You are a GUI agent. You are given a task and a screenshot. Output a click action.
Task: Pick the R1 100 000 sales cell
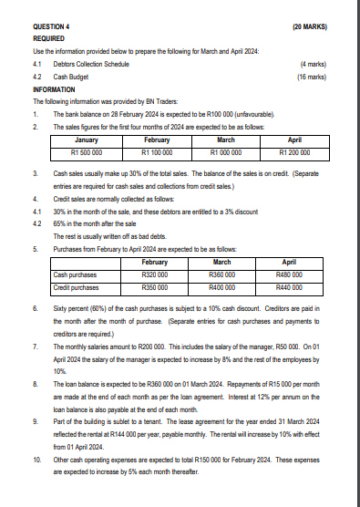[156, 153]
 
